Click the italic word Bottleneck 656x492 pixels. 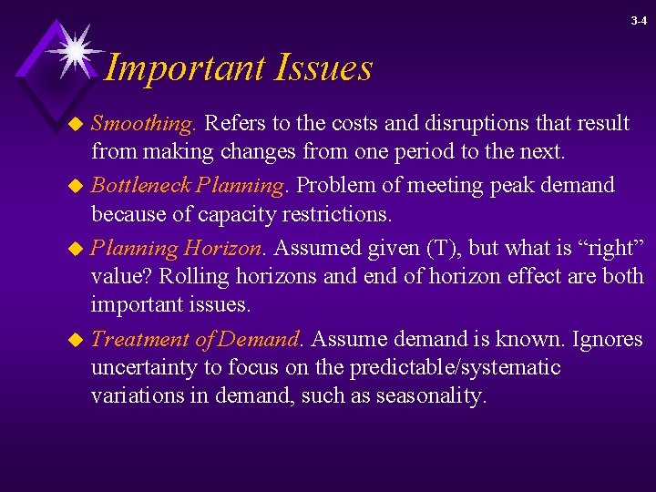point(140,185)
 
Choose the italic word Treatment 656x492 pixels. point(141,340)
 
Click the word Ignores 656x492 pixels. point(608,340)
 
